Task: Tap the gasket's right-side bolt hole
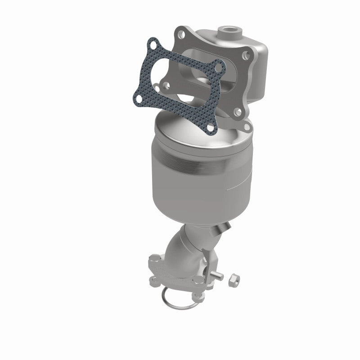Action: coord(219,67)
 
